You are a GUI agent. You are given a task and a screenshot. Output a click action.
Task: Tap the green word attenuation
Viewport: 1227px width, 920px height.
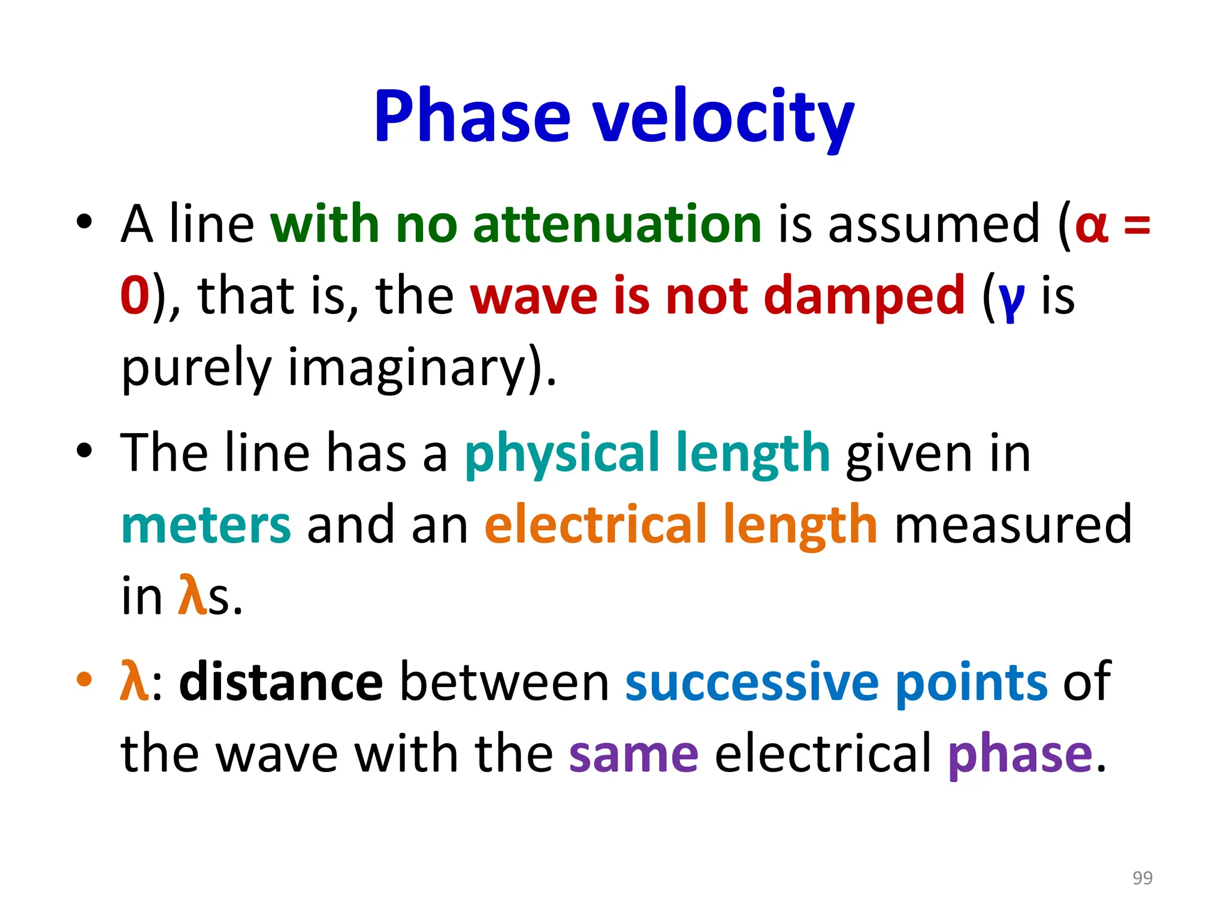pyautogui.click(x=617, y=224)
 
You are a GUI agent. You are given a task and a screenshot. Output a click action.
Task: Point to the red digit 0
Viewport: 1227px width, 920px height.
pyautogui.click(x=135, y=295)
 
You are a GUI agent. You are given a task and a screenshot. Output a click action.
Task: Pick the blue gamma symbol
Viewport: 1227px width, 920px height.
pyautogui.click(x=1011, y=299)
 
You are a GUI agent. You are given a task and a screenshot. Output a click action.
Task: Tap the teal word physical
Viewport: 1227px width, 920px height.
pyautogui.click(x=561, y=453)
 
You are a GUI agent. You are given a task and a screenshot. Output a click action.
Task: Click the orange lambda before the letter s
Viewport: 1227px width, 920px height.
pyautogui.click(x=192, y=595)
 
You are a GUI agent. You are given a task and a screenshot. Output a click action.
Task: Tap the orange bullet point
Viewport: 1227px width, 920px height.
pyautogui.click(x=84, y=679)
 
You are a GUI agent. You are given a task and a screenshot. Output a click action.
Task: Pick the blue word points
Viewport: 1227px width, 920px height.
pyautogui.click(x=971, y=683)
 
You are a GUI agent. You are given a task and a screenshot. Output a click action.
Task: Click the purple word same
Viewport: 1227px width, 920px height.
pyautogui.click(x=633, y=753)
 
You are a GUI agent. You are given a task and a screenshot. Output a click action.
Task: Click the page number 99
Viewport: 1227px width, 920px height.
pyautogui.click(x=1142, y=877)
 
